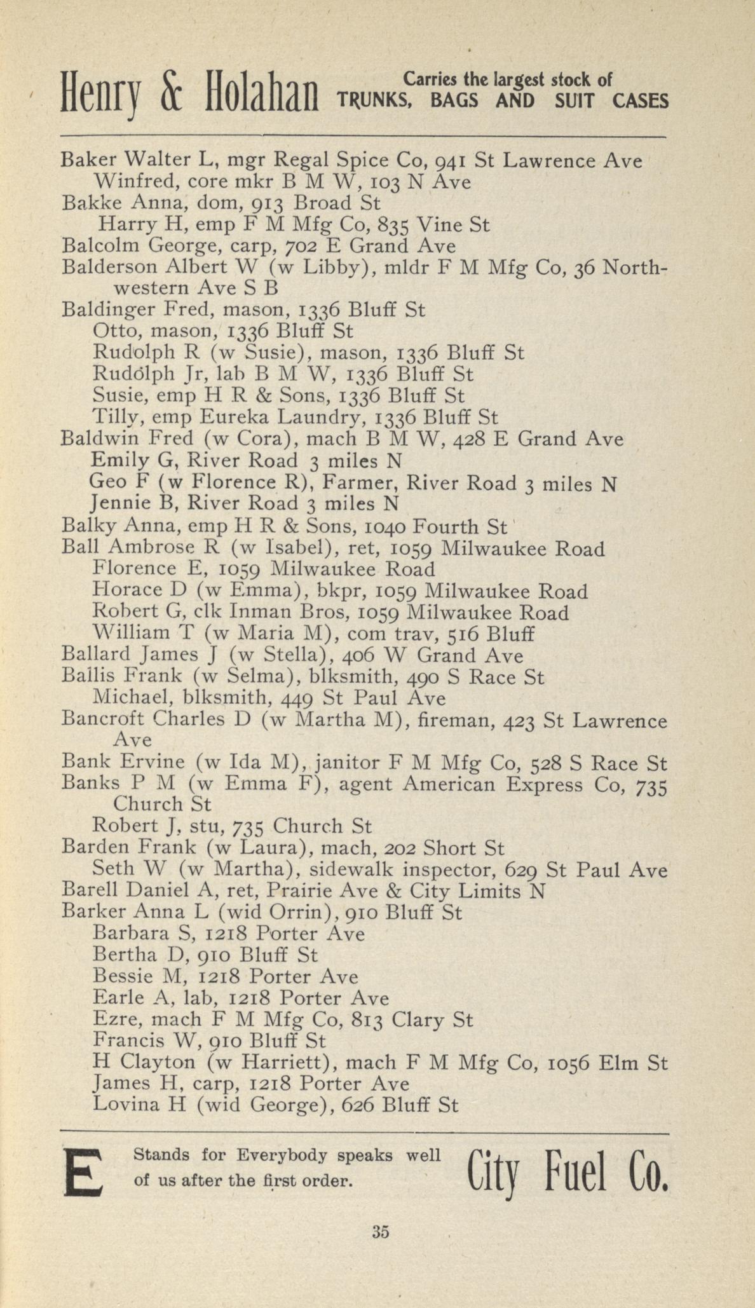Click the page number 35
click(x=380, y=1231)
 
